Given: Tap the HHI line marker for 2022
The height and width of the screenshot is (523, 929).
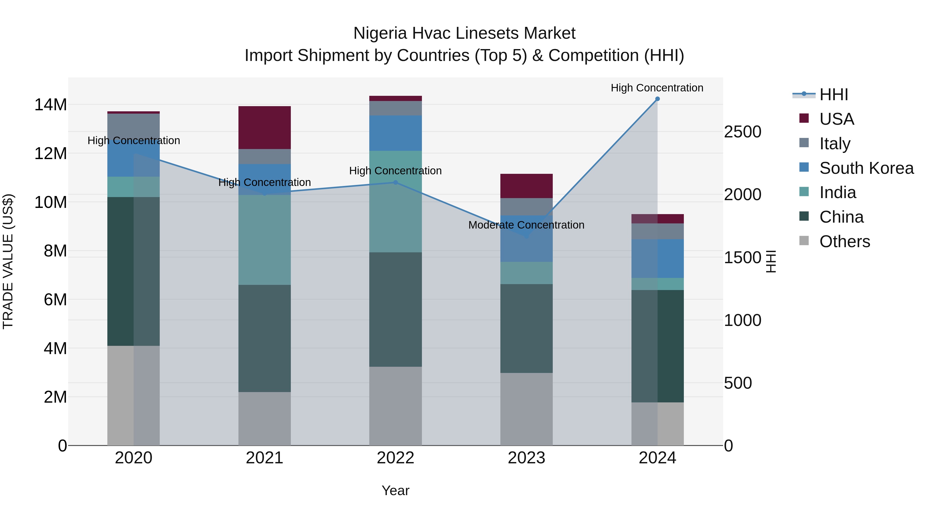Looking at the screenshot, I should click(395, 183).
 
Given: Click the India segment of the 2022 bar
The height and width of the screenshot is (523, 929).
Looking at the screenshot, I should click(395, 201).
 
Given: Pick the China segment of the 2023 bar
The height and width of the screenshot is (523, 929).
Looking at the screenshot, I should click(526, 329).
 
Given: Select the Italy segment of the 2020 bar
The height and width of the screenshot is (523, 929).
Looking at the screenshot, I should click(133, 124).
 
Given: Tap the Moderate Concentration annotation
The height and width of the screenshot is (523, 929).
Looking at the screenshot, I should click(526, 225).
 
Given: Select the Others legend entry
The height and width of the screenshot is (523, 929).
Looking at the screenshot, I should click(844, 241).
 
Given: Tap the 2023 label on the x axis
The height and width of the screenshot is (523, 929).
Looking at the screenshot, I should click(526, 458).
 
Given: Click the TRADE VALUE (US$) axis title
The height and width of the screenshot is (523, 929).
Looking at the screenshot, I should click(8, 261).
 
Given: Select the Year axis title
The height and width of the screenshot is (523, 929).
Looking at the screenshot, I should click(395, 490).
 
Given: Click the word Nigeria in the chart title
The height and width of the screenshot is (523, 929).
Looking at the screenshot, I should click(380, 34).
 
